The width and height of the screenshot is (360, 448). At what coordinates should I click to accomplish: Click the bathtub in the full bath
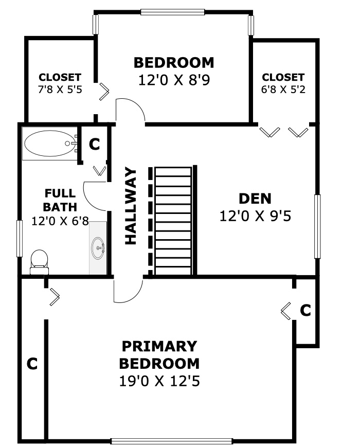[50, 144]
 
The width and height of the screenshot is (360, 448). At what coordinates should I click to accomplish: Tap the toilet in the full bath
[39, 262]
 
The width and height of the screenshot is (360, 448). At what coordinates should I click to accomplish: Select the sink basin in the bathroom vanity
[98, 248]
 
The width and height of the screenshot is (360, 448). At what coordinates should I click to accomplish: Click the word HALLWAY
[131, 206]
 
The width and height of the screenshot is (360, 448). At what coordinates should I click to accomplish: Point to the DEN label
[255, 199]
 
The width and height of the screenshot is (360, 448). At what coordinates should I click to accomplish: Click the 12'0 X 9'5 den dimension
[255, 216]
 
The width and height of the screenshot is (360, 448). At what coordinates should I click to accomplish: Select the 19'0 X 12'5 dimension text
[159, 381]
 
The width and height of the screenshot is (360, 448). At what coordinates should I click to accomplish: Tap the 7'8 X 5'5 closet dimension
[60, 89]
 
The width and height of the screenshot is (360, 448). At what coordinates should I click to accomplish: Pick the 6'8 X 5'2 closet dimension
[283, 89]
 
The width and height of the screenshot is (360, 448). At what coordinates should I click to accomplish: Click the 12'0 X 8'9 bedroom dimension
[174, 80]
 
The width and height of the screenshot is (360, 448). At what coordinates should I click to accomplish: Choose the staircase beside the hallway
[173, 221]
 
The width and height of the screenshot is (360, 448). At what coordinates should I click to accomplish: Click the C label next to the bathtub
[94, 145]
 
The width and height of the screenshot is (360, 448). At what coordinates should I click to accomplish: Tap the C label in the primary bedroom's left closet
[32, 364]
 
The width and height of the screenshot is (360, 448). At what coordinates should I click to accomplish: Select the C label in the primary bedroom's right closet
[305, 310]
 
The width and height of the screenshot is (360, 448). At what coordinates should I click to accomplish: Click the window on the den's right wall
[317, 226]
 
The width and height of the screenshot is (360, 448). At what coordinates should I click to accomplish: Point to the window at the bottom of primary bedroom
[171, 441]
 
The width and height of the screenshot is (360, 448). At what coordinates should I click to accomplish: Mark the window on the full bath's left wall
[20, 239]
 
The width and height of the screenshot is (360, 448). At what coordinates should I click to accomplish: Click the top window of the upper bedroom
[173, 12]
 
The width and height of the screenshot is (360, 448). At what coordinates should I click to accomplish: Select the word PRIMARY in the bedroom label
[159, 346]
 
